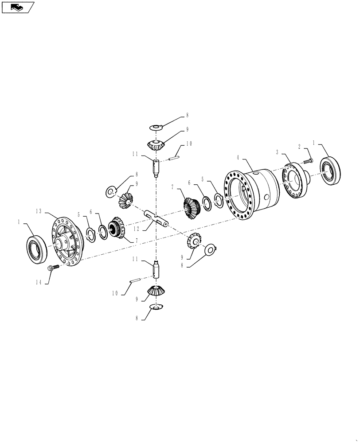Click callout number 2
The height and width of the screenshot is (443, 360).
[299, 146]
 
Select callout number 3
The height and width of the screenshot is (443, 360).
[277, 152]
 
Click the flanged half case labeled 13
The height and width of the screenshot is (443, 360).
[67, 241]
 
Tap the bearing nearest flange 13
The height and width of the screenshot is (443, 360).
[36, 249]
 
